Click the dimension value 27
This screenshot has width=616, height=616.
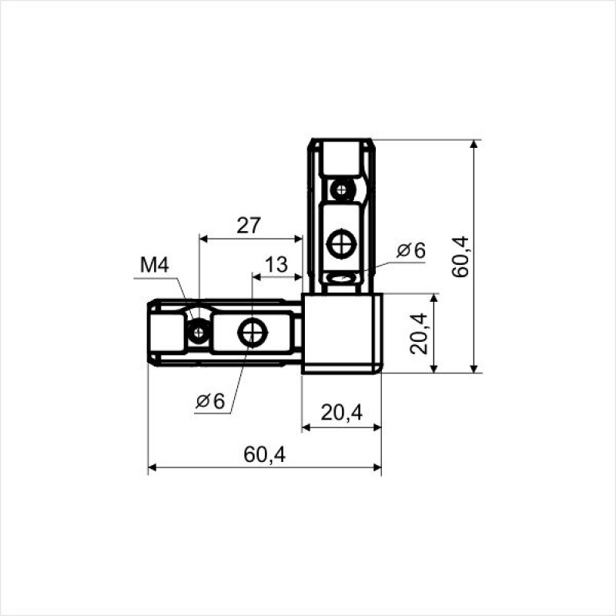(248, 226)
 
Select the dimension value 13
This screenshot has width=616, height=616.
(276, 265)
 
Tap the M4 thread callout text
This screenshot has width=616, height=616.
(155, 265)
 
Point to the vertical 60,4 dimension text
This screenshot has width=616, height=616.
(460, 256)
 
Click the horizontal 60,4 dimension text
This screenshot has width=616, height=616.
(264, 455)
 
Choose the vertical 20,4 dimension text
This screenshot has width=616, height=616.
(418, 333)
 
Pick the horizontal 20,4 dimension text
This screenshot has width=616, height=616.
(341, 413)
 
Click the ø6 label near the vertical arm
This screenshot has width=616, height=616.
(411, 250)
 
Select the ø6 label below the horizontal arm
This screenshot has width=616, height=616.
(210, 400)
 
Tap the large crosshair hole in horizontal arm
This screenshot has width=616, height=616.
(253, 333)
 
